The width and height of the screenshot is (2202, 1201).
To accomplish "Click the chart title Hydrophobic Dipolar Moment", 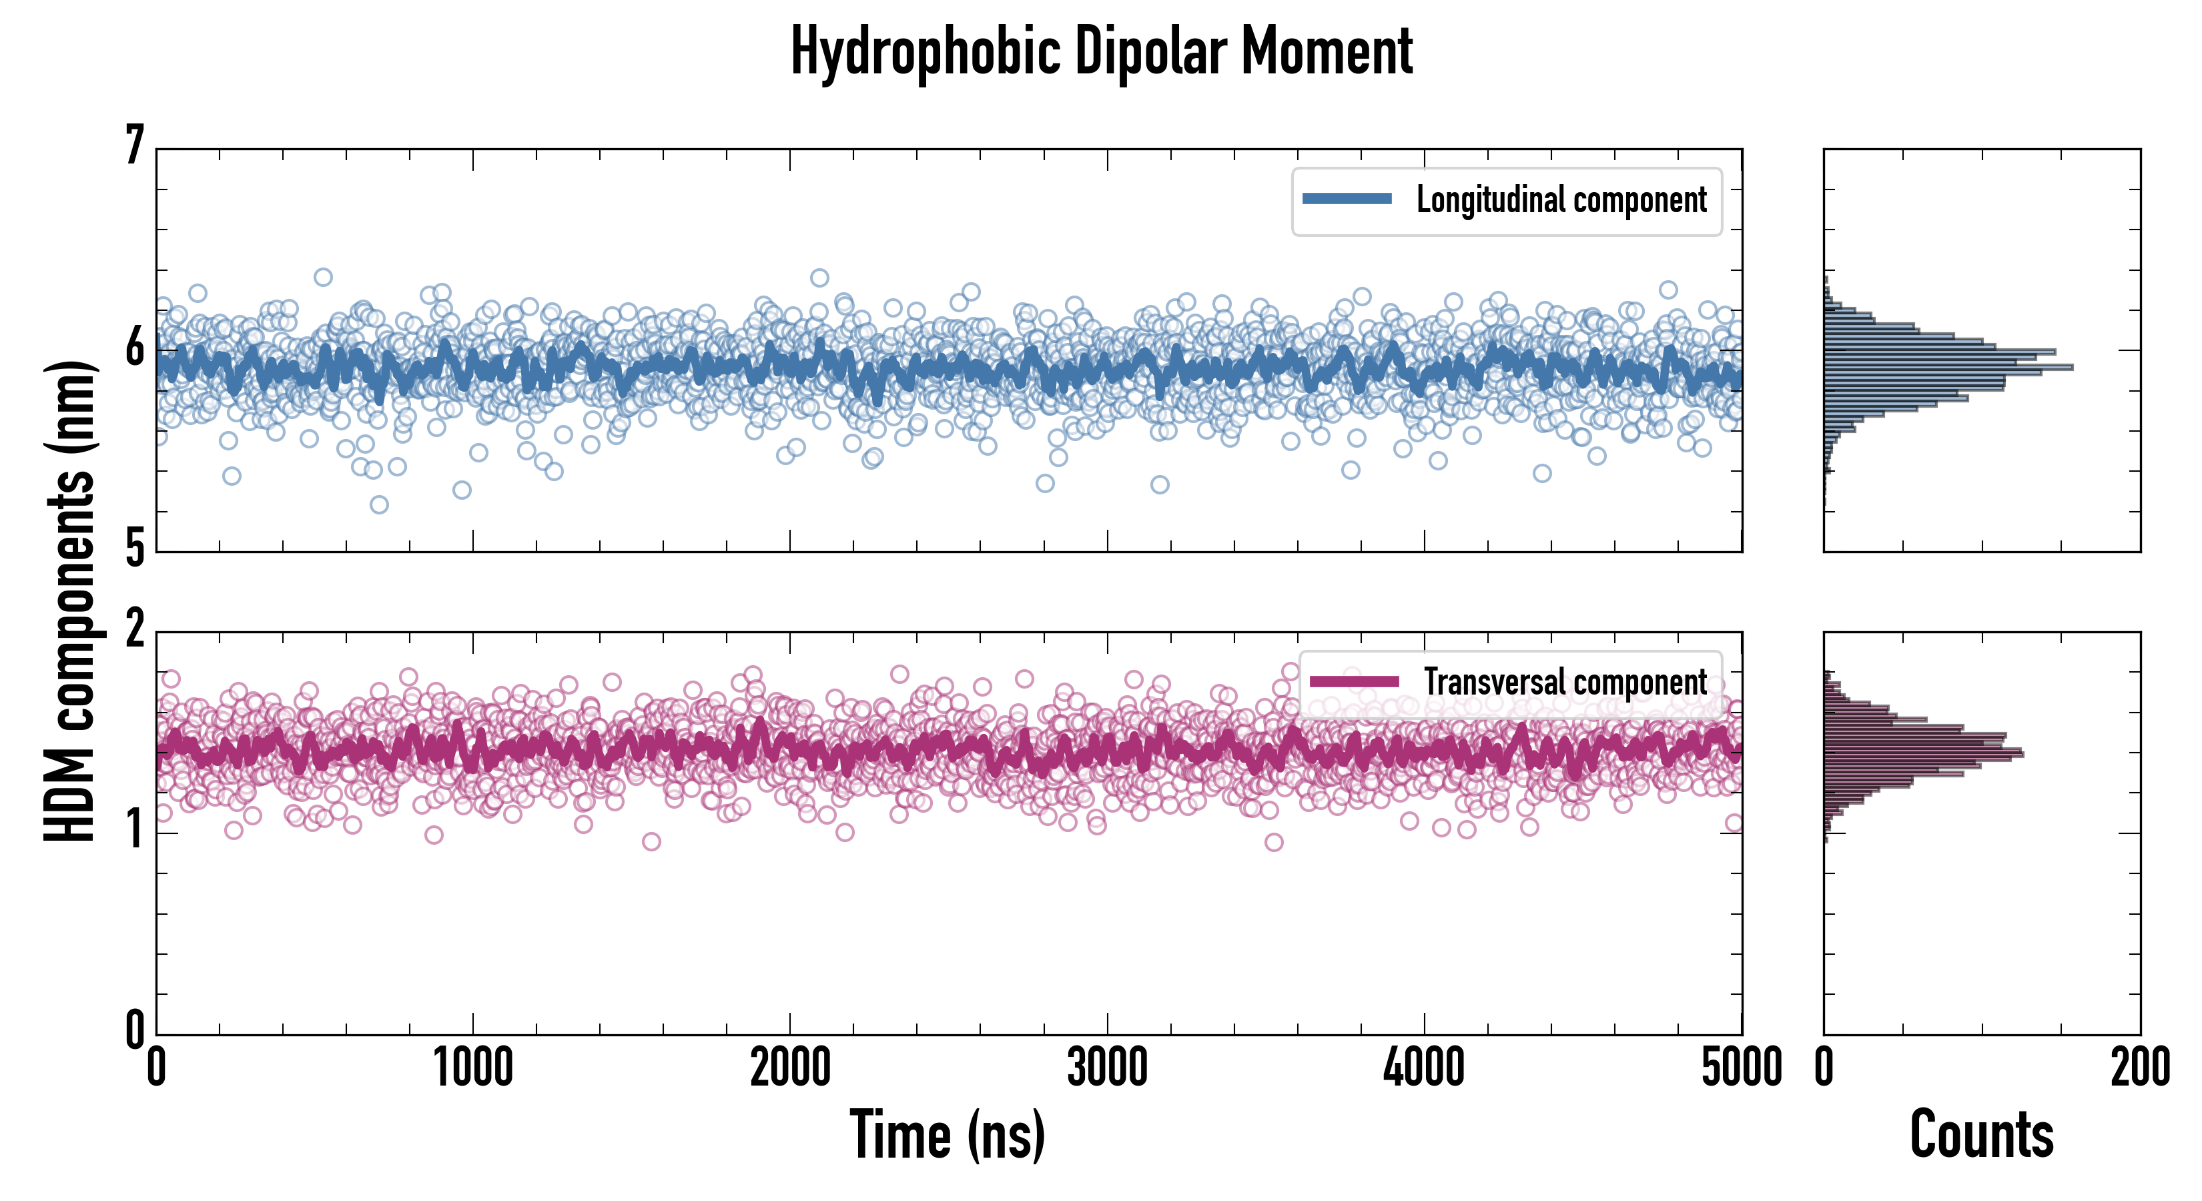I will pyautogui.click(x=1101, y=52).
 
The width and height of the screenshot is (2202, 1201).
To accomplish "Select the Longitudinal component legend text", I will pyautogui.click(x=1561, y=200).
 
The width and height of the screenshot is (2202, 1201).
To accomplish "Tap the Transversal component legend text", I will pyautogui.click(x=1565, y=682).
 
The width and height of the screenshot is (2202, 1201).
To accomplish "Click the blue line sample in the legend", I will pyautogui.click(x=1347, y=199).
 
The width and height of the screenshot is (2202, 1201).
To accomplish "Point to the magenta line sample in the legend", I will pyautogui.click(x=1354, y=681).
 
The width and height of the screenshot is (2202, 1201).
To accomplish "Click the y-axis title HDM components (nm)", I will pyautogui.click(x=70, y=600).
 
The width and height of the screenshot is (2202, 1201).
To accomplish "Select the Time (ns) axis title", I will pyautogui.click(x=947, y=1134).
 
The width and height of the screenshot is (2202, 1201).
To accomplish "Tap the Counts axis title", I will pyautogui.click(x=1981, y=1134).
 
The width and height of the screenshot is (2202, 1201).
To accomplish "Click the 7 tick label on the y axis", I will pyautogui.click(x=134, y=146).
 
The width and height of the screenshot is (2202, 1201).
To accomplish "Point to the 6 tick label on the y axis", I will pyautogui.click(x=134, y=348).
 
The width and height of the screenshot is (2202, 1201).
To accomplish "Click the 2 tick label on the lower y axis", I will pyautogui.click(x=134, y=630).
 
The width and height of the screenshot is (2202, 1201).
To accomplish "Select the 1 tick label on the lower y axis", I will pyautogui.click(x=134, y=830).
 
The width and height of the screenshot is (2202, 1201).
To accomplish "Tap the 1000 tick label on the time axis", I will pyautogui.click(x=472, y=1068).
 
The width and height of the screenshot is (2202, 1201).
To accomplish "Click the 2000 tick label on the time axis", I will pyautogui.click(x=790, y=1068).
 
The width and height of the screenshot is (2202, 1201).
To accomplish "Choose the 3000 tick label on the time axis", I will pyautogui.click(x=1107, y=1068).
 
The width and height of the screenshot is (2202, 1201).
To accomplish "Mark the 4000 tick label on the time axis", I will pyautogui.click(x=1424, y=1068).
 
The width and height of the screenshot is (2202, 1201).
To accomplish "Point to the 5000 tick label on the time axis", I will pyautogui.click(x=1742, y=1068).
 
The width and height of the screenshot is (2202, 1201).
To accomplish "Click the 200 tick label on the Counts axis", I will pyautogui.click(x=2139, y=1068).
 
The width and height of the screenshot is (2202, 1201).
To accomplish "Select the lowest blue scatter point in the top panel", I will pyautogui.click(x=379, y=504).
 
